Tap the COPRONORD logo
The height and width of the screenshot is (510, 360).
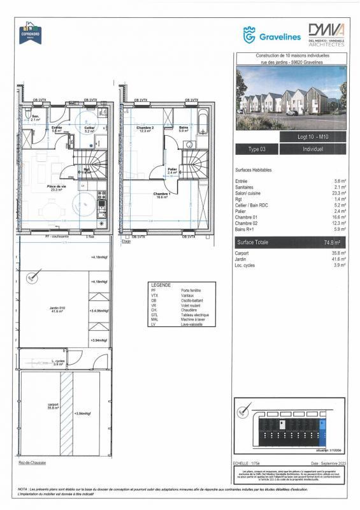click(31, 33)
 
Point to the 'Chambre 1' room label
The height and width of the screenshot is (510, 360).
click(160, 195)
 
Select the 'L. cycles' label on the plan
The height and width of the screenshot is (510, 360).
click(59, 361)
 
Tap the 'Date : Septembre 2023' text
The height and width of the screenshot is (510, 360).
click(328, 463)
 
